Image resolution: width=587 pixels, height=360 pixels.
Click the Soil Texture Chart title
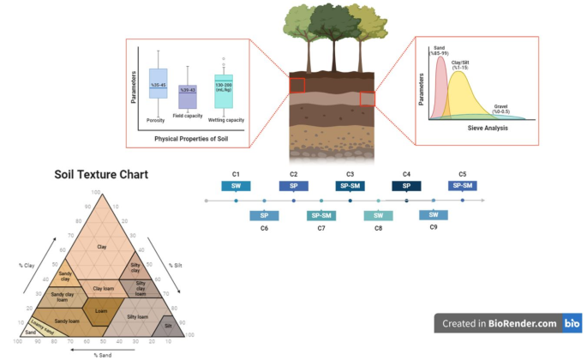[101, 175]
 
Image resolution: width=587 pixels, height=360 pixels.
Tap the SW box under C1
[236, 185]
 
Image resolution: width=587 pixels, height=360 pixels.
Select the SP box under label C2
[293, 185]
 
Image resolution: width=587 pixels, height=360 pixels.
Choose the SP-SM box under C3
[350, 185]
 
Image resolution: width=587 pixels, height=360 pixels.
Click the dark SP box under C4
[406, 185]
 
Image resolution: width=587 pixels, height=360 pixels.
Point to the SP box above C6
[264, 215]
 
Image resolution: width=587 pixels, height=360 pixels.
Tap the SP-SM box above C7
[321, 215]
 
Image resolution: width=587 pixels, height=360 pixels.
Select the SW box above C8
[379, 215]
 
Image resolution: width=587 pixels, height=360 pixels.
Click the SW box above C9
[434, 214]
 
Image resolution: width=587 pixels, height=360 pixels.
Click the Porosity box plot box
[159, 85]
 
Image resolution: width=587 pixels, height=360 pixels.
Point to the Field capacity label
[187, 115]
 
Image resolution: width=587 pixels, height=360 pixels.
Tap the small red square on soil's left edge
[296, 85]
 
